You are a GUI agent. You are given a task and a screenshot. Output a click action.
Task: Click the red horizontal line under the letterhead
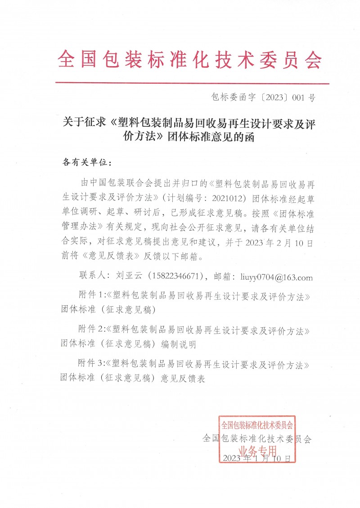(x=192, y=83)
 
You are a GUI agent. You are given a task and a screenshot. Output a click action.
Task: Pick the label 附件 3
(x=91, y=363)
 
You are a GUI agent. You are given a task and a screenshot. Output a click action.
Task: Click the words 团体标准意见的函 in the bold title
(x=211, y=137)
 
